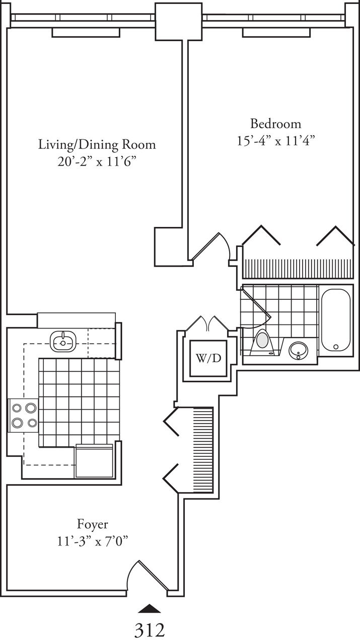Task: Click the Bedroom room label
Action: (x=276, y=123)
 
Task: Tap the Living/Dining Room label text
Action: (x=97, y=145)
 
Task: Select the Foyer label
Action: (x=92, y=524)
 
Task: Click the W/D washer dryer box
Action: (x=208, y=358)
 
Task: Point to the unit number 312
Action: (x=150, y=630)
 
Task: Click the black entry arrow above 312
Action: (x=150, y=609)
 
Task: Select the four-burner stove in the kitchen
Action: (x=23, y=415)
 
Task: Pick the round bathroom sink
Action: (x=299, y=349)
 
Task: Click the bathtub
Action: (x=335, y=321)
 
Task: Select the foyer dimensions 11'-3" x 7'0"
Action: (x=92, y=541)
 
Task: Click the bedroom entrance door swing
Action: (x=211, y=247)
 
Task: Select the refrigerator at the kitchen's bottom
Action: (x=94, y=461)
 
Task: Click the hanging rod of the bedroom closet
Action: (x=297, y=269)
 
